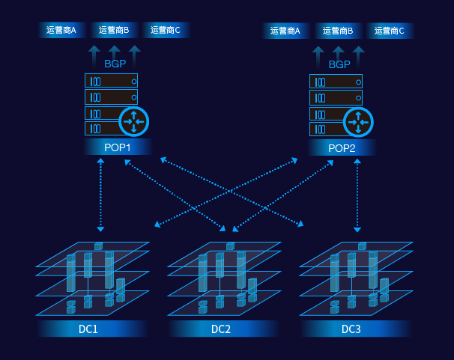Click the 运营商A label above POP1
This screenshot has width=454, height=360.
(x=61, y=30)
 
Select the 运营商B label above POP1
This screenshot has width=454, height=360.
(x=114, y=30)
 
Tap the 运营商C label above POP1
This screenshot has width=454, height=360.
(x=166, y=30)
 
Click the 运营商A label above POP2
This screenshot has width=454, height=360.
(x=285, y=31)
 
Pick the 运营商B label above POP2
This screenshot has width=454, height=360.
(x=338, y=31)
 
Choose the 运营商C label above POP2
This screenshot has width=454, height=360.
(x=390, y=31)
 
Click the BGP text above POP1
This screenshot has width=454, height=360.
(x=115, y=64)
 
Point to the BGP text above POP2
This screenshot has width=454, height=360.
(x=339, y=64)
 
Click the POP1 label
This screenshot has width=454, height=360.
(x=118, y=147)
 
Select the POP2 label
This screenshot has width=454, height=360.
(x=342, y=148)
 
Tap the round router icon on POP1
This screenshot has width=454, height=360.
(x=134, y=122)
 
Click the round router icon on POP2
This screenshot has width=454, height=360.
(x=358, y=122)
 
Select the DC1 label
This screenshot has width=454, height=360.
(x=88, y=329)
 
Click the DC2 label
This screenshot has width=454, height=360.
(x=221, y=329)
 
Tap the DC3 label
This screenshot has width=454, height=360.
(x=351, y=329)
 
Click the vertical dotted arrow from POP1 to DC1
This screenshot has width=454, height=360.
(x=100, y=195)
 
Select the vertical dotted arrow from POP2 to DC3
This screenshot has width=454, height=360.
(x=357, y=195)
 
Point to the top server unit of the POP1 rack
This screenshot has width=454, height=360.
(x=111, y=80)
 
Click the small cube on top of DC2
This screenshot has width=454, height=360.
(x=230, y=246)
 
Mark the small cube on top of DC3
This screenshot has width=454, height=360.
(x=362, y=246)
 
